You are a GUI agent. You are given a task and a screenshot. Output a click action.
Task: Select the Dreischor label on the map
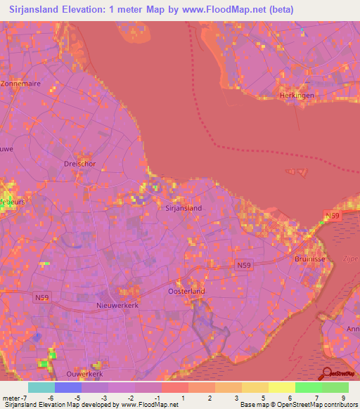point(79,164)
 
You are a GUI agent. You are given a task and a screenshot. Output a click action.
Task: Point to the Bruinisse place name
point(309,257)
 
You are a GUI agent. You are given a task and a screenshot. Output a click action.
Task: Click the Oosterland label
point(186,291)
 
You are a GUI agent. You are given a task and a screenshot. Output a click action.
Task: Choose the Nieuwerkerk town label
point(115,306)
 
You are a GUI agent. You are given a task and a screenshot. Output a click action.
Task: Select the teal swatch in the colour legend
point(41,387)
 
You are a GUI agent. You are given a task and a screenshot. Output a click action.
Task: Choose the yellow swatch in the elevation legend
point(281,387)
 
